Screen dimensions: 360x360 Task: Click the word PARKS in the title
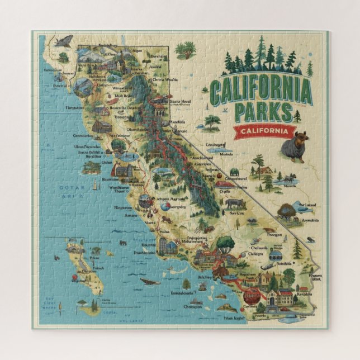click(263, 111)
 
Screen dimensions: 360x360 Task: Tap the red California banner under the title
click(264, 132)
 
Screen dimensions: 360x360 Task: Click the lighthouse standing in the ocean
click(94, 183)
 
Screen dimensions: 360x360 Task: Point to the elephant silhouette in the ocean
click(123, 243)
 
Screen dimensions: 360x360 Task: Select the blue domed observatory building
click(276, 254)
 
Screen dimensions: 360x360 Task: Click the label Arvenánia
click(309, 220)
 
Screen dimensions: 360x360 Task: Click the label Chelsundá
click(259, 248)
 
